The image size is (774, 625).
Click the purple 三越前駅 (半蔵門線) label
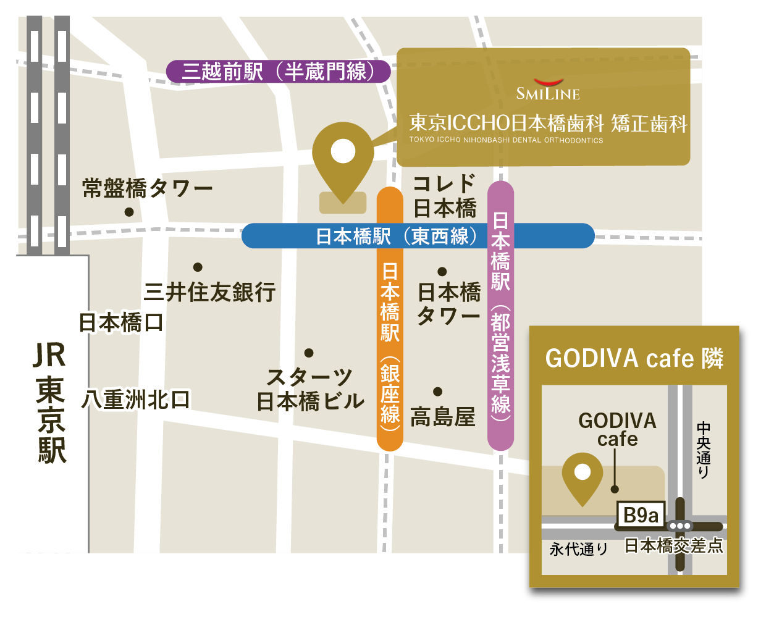point(278,72)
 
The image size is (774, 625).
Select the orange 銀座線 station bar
point(390,318)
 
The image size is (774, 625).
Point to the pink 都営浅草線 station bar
point(501,315)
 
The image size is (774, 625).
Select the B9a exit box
point(641,515)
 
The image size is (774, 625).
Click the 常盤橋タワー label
point(147,188)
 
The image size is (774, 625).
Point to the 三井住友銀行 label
point(209,292)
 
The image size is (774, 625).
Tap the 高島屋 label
point(443,417)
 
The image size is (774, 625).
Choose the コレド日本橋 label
point(444,196)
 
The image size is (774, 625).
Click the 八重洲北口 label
point(136,400)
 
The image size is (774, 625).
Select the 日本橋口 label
point(121,322)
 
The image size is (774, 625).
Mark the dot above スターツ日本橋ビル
point(309,353)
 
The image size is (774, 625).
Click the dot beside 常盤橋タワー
point(129,212)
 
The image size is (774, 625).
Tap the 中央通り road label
point(703,450)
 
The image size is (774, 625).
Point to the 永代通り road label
point(578,548)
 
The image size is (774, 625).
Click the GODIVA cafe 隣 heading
point(634,358)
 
